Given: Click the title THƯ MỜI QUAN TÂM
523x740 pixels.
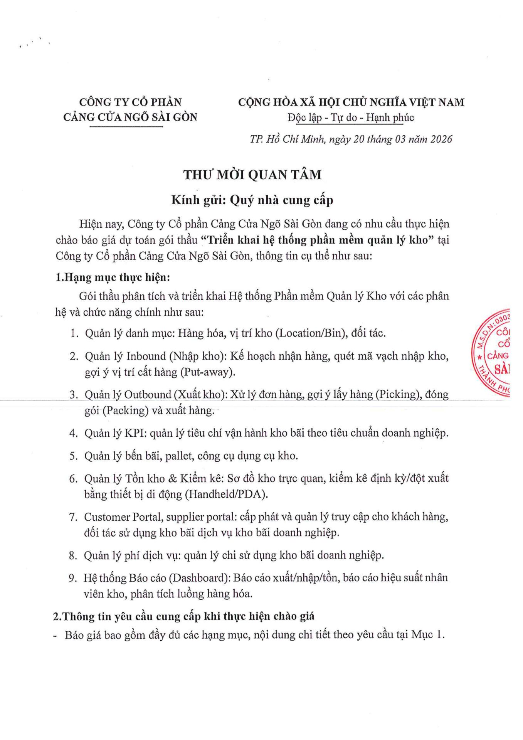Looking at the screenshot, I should coord(252,175).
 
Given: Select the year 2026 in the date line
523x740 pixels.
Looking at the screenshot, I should coord(441,139).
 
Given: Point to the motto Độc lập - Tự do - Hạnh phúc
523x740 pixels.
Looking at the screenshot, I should coord(351,117).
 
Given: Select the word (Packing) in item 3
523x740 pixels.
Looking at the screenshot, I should coord(125,410).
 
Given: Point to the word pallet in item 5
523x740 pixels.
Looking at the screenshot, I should coord(179,456).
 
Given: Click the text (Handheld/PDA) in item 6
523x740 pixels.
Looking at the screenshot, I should coord(227,494).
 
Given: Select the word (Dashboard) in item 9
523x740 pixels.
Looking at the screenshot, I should coord(200,578).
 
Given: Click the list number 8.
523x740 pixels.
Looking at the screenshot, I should coord(73,555).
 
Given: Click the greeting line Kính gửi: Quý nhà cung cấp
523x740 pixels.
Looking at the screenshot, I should coord(252,200).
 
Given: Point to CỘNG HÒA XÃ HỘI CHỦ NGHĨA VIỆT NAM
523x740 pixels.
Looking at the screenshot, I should coord(351,102).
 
